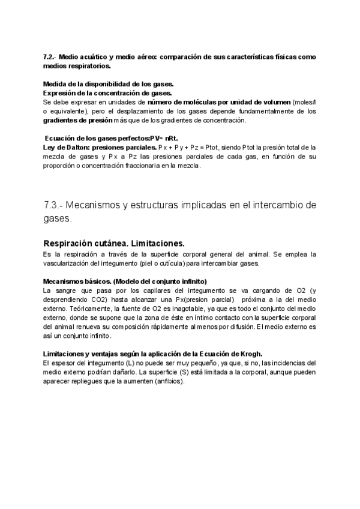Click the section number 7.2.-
point(49,56)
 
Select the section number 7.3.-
point(54,205)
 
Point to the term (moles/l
point(304,102)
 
